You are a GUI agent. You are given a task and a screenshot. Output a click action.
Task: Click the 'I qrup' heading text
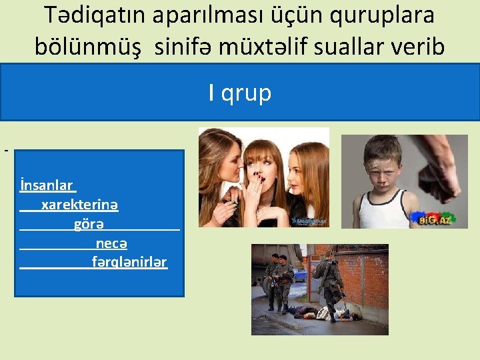[240, 93]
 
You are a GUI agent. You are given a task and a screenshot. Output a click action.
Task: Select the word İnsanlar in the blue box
[47, 185]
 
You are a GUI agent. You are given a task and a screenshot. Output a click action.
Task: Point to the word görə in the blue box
[89, 224]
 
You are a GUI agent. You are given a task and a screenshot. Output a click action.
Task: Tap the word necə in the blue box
[111, 243]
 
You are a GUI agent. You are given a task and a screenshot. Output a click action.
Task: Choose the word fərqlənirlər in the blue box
[129, 262]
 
